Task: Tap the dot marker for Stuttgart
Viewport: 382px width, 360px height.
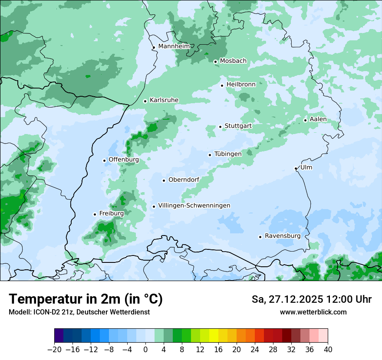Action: point(220,127)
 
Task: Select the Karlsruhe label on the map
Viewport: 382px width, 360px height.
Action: point(164,100)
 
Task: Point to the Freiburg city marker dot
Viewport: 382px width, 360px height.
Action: point(95,214)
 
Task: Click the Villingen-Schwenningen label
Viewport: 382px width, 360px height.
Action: point(194,206)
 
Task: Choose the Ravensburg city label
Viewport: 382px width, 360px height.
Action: point(283,236)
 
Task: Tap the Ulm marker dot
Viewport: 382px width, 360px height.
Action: point(296,168)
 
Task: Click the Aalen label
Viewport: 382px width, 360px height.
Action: point(318,119)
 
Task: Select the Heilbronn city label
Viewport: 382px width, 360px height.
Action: point(241,85)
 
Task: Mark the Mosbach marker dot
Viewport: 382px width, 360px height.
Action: point(215,62)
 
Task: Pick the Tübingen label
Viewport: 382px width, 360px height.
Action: point(228,154)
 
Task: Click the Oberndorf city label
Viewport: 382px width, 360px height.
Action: point(184,180)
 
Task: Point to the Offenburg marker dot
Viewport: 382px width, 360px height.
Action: point(104,160)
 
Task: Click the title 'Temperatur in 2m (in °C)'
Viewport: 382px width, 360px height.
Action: point(86,299)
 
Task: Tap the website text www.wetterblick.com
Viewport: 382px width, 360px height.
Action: point(313,312)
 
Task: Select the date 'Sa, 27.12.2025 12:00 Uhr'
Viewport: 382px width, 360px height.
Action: point(311,299)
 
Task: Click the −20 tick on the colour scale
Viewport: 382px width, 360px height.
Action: point(54,350)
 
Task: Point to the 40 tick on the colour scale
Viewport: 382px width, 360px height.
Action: point(328,350)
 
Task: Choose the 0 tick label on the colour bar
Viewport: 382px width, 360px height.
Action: point(145,350)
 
